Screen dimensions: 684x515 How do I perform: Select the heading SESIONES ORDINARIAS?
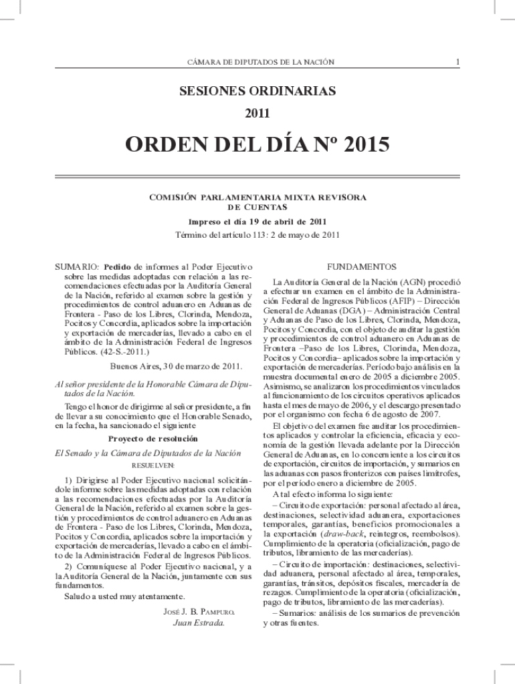click(x=257, y=91)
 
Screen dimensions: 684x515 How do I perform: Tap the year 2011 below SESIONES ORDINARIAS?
click(x=257, y=114)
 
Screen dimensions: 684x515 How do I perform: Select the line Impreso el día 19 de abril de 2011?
click(x=257, y=222)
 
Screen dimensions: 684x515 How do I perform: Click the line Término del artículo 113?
click(x=257, y=234)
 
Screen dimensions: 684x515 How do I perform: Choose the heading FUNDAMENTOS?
click(x=362, y=267)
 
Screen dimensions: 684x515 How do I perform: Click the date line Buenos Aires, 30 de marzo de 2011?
click(x=176, y=367)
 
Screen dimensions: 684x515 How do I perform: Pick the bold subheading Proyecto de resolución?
click(x=153, y=439)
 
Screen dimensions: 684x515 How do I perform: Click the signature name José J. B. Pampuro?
click(x=199, y=612)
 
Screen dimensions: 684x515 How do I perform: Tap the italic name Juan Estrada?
click(x=199, y=623)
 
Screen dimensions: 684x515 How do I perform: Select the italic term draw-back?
click(x=342, y=534)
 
